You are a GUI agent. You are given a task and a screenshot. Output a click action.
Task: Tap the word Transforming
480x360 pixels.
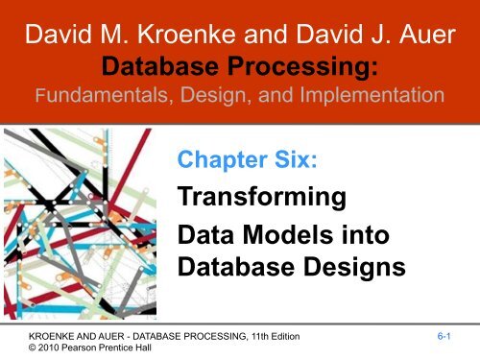(x=261, y=198)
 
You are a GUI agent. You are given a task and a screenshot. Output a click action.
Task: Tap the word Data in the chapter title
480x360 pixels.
(x=204, y=234)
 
